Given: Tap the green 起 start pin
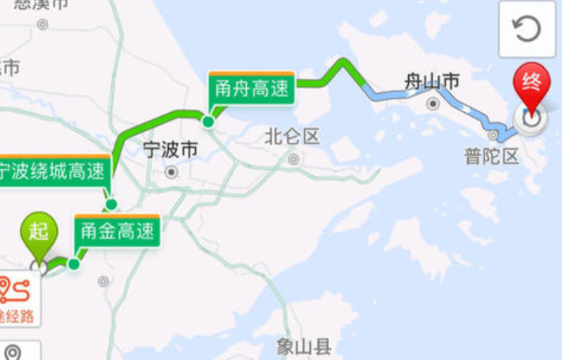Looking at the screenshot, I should pos(39,231).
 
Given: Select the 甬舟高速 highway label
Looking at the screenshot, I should pos(252,89).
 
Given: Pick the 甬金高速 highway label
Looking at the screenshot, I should pos(118,231).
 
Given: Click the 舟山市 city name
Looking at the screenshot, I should pos(432,81).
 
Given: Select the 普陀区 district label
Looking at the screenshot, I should pos(492,156).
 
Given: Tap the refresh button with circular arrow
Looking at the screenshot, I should pos(526,30).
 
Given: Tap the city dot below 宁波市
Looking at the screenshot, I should pos(171,171).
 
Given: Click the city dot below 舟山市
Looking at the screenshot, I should pos(433,104).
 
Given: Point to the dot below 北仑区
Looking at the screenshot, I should pos(294,159).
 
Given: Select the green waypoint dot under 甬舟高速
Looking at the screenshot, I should pos(208,122).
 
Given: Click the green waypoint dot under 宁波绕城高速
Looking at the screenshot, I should pos(111,204).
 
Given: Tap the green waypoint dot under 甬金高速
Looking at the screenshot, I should pos(74,264).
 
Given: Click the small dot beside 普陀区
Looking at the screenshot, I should pos(493,135).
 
